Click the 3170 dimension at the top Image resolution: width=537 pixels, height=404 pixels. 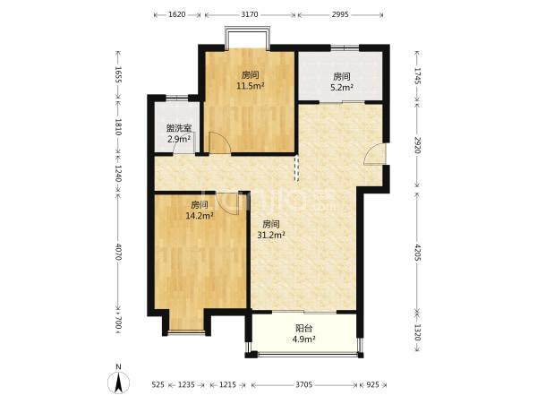point(250,14)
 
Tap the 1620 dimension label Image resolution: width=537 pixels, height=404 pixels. point(177,14)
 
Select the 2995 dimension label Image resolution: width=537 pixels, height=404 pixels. point(340,14)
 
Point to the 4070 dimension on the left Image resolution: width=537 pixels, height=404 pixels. point(118,252)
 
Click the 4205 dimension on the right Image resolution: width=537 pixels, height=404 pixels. point(417,253)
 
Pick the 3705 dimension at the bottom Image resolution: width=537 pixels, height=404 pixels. point(304,385)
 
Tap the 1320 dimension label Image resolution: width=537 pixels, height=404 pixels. point(417,332)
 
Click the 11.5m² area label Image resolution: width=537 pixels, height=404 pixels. point(251,86)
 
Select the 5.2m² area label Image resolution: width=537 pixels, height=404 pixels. point(342,88)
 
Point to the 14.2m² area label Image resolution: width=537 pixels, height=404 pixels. point(200,216)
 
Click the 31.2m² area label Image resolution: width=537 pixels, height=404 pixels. point(271,235)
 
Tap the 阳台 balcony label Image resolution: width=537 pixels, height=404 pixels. point(303,328)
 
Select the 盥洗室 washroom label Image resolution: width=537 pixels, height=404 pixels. point(179,128)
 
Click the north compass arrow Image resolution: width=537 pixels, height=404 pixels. point(118,383)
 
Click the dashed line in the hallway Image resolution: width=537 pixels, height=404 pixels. point(296,168)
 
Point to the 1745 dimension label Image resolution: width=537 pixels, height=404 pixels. point(417,76)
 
